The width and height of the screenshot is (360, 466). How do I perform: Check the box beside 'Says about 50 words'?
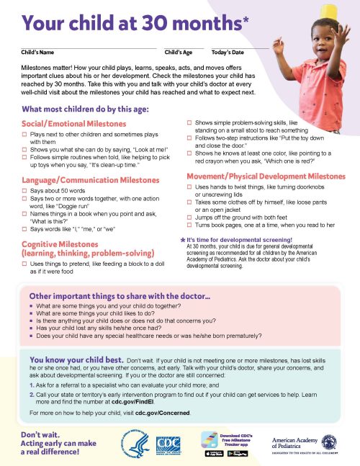pos(24,191)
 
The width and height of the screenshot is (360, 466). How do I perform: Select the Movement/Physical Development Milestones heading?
pos(266,176)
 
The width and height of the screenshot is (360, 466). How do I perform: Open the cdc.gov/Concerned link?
pos(167,413)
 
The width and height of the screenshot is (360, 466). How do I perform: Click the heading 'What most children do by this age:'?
pos(85,109)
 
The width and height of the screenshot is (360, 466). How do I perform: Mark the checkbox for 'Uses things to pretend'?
pos(24,266)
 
